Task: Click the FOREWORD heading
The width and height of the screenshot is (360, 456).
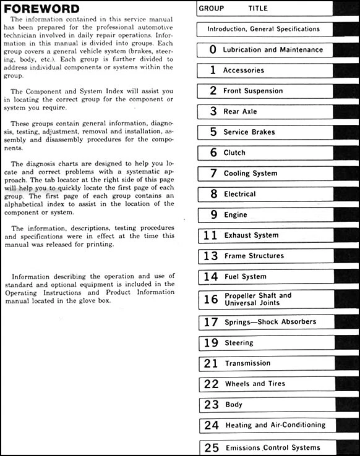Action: [42, 9]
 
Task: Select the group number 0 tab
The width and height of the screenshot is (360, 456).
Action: [213, 49]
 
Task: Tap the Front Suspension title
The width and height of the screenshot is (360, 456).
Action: [253, 91]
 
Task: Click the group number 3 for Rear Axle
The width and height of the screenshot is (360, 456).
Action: [213, 112]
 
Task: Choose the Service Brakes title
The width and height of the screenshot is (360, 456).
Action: [249, 132]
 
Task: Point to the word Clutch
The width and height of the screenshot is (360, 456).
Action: [234, 153]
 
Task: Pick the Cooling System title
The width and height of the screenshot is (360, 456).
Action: [251, 174]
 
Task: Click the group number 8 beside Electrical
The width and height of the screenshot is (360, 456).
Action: [213, 194]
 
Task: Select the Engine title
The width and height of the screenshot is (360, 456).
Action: [236, 215]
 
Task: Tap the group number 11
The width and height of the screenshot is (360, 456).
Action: [210, 235]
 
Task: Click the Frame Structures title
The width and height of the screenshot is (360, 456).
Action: [254, 256]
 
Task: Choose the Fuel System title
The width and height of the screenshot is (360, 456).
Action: [246, 277]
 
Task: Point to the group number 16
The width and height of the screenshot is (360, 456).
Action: [211, 300]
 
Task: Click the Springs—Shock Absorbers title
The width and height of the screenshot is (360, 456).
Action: [270, 322]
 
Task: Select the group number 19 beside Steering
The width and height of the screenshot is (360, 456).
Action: [211, 342]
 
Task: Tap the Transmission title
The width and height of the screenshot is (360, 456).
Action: [247, 363]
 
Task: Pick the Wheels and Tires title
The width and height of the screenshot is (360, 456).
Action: [255, 384]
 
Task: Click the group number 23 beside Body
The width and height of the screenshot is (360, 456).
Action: [212, 405]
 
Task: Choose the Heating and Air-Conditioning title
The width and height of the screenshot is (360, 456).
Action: [275, 425]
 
